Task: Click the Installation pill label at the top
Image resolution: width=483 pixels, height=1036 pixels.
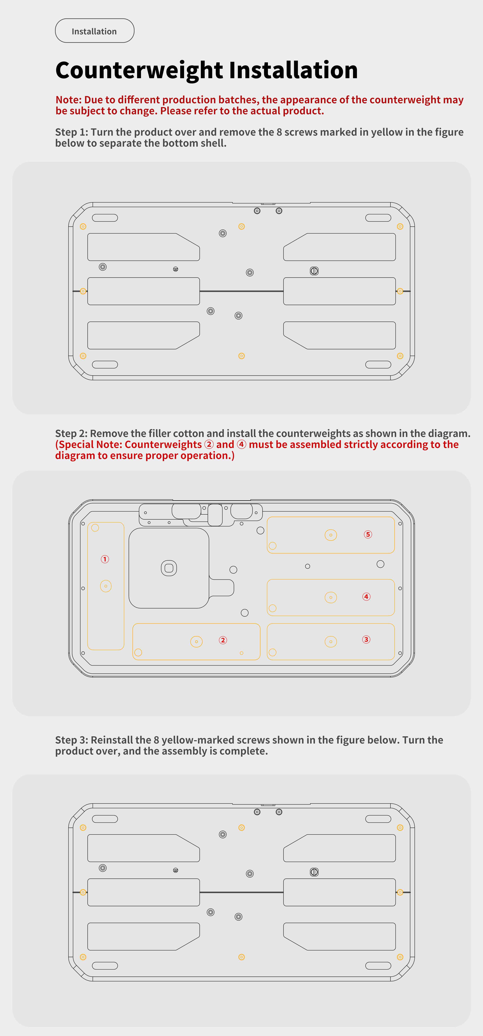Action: tap(94, 31)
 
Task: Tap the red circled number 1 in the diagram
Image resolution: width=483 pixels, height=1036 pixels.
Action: tap(105, 559)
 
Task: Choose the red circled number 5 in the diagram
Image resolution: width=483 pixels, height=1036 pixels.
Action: tap(368, 534)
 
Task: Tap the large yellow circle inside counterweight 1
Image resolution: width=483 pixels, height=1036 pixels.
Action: tap(106, 586)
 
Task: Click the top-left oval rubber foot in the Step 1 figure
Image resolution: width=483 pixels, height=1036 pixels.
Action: tap(105, 218)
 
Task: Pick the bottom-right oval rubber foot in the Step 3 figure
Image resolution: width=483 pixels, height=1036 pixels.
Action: tap(378, 966)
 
